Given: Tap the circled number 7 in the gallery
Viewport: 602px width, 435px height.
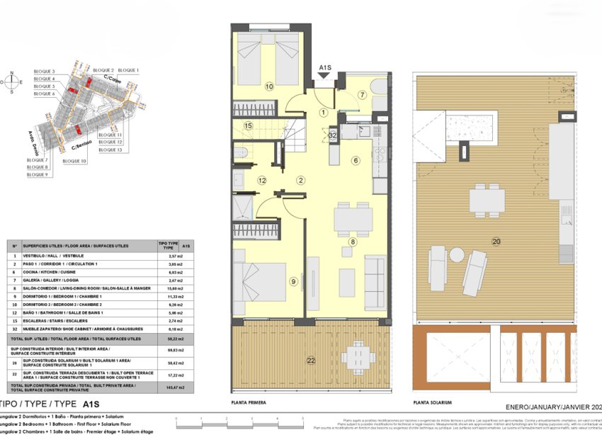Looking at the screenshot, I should pos(360,95).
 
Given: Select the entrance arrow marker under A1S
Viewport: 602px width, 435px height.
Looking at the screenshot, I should pos(325,79).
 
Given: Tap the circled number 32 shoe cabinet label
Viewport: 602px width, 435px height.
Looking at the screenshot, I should pos(333,135).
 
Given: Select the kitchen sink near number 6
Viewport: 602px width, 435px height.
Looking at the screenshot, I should pos(364,130).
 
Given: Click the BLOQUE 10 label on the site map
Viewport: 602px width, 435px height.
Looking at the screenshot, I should pos(74,162).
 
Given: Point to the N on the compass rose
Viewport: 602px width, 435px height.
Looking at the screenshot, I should pos(12,72).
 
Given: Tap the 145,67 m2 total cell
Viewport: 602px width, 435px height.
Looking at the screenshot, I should pos(167,387).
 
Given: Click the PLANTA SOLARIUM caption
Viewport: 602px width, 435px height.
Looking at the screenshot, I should pos(432,402).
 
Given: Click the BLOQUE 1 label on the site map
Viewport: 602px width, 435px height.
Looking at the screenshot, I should pos(128,70).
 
